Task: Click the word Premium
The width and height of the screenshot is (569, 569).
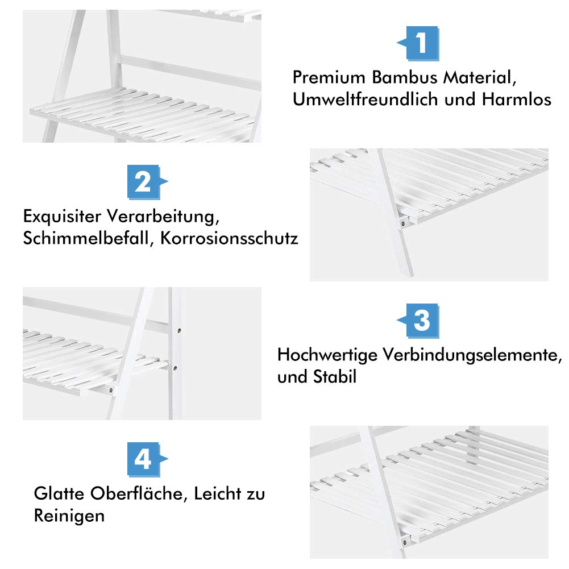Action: click(x=329, y=77)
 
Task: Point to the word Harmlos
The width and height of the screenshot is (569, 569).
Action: click(x=516, y=99)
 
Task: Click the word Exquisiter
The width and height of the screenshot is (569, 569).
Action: click(x=62, y=216)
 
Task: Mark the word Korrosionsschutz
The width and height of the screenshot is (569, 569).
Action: click(x=229, y=238)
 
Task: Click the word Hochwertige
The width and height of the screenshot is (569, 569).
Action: click(x=327, y=355)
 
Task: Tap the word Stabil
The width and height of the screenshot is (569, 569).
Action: click(x=335, y=377)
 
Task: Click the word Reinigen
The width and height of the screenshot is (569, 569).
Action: click(x=69, y=516)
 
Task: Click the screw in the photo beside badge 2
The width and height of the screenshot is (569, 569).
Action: click(x=403, y=223)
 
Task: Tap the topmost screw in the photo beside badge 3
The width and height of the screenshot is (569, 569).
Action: click(x=179, y=331)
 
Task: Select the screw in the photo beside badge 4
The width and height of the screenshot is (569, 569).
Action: click(x=405, y=543)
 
